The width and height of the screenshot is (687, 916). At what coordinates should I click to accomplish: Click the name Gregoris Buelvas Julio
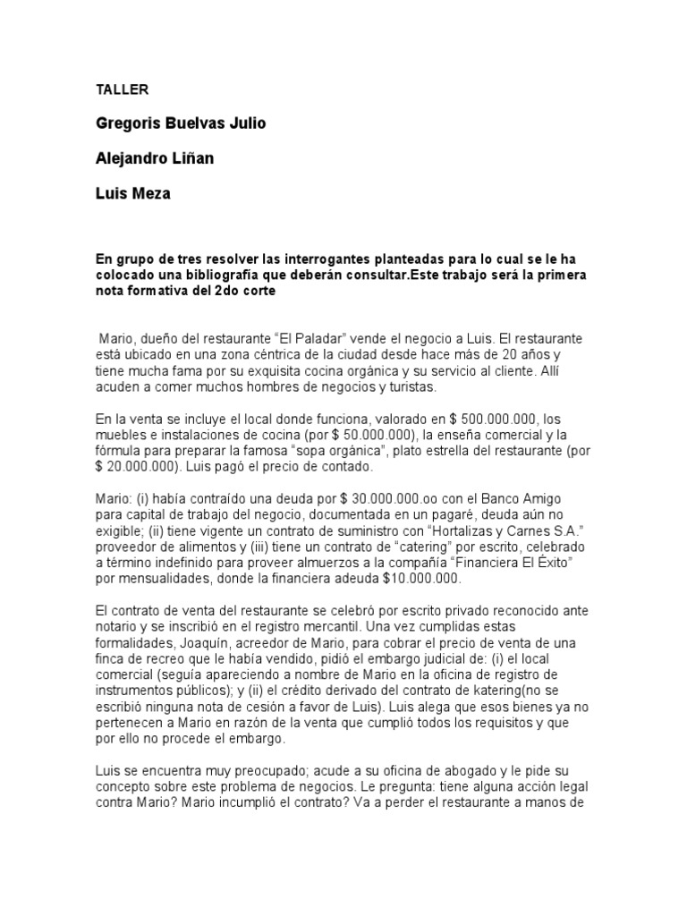point(181,123)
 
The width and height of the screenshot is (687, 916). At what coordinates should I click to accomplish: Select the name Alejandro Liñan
point(155,158)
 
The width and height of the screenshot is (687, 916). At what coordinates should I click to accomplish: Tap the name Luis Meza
point(132,193)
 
